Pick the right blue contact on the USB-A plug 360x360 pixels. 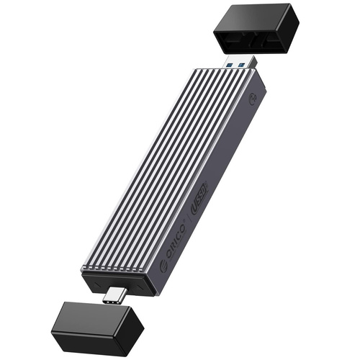click(242, 65)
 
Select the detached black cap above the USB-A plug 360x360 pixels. click(256, 31)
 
